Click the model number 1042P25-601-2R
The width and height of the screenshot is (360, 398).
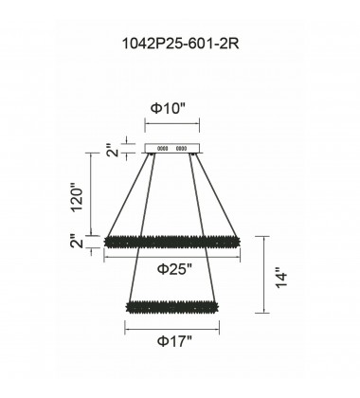pos(180,45)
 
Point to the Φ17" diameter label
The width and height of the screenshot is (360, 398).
pos(176,339)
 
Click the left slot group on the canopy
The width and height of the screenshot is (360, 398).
pos(162,148)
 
